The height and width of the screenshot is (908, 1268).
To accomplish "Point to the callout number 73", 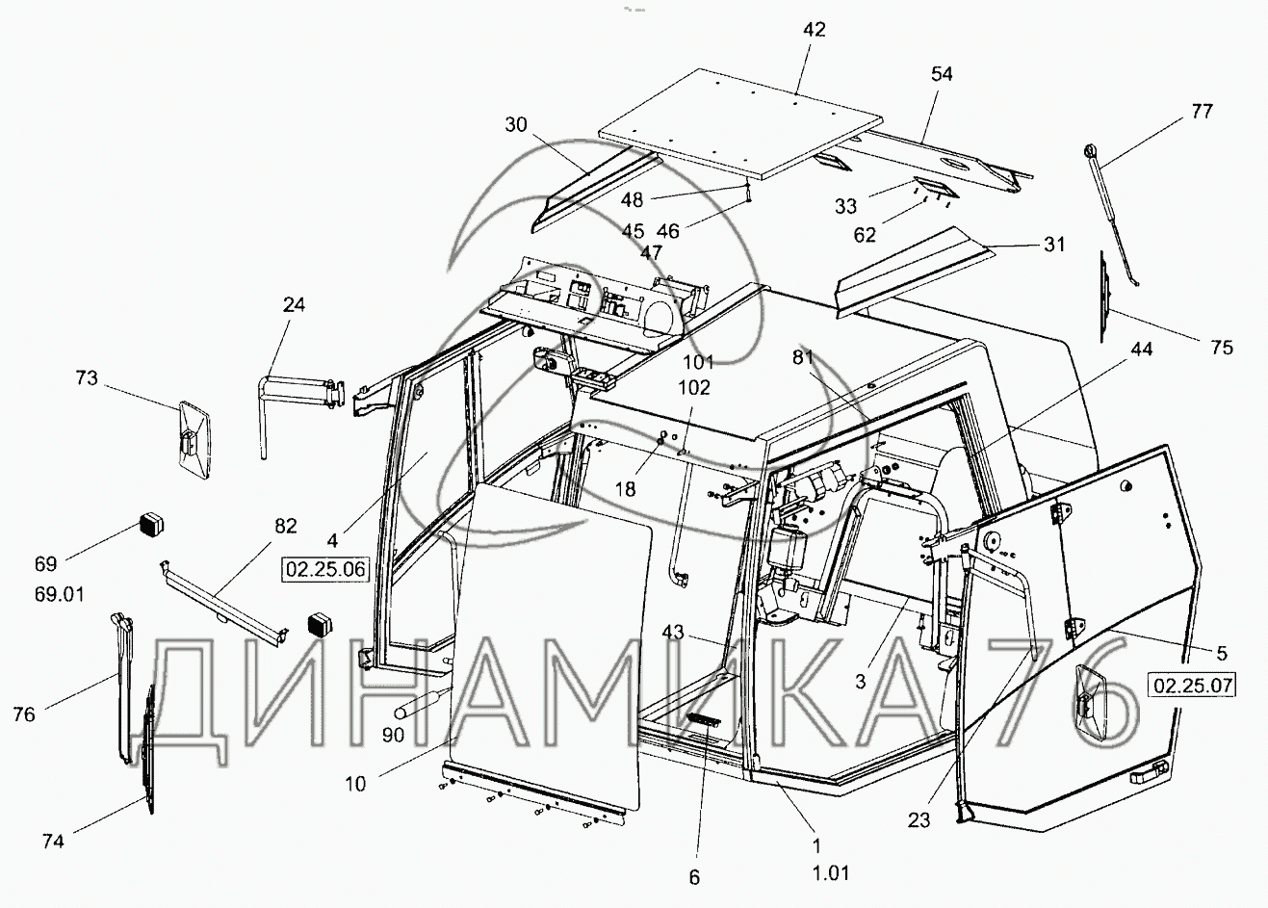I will tap(87, 378).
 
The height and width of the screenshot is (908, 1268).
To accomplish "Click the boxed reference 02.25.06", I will tap(324, 569).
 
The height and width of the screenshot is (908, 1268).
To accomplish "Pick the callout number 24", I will tap(294, 305).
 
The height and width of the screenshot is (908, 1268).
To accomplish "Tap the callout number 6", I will tap(694, 877).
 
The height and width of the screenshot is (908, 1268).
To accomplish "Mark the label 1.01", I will tap(829, 873).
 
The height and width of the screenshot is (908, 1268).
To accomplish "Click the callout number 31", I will tap(1054, 245).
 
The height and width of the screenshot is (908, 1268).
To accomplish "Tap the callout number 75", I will tap(1222, 348).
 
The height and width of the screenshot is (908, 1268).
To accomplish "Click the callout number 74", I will tap(53, 841).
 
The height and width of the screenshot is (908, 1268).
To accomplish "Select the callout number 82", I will tap(285, 526).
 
